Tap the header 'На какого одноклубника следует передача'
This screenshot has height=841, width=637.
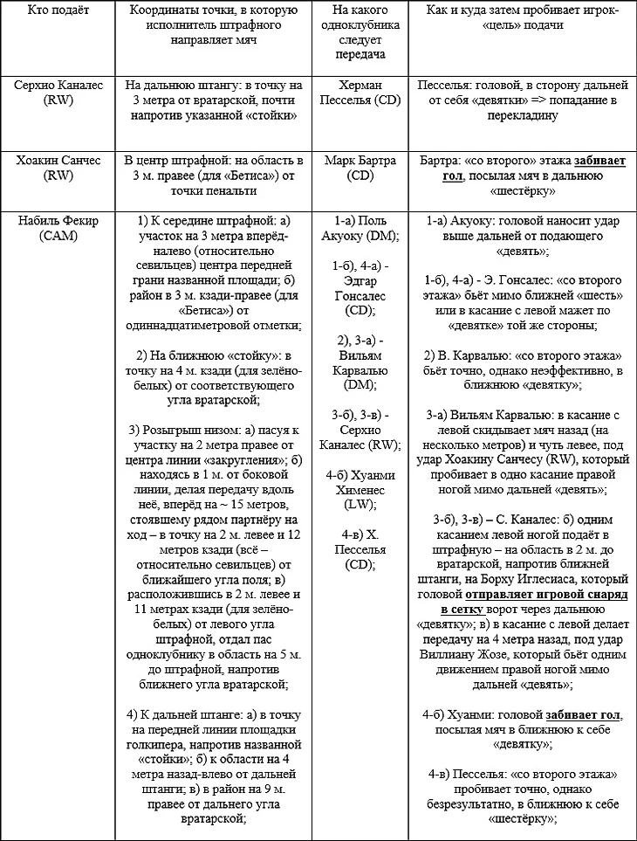(x=366, y=31)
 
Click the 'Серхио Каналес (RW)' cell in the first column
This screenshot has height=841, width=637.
(x=57, y=93)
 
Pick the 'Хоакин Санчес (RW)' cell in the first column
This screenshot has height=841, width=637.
(x=57, y=169)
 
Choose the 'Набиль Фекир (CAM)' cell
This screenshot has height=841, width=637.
(x=57, y=229)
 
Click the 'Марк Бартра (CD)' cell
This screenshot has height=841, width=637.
(x=366, y=169)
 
